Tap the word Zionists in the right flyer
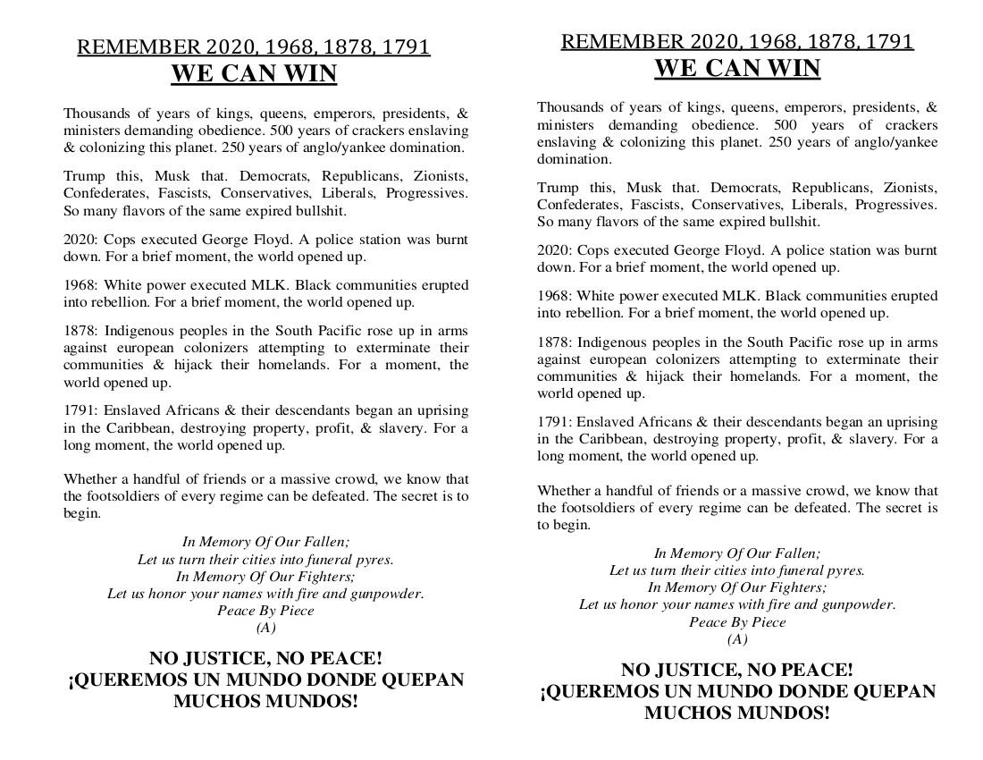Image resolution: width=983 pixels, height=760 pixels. click(x=910, y=187)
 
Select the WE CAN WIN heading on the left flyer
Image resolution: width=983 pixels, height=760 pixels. click(x=254, y=73)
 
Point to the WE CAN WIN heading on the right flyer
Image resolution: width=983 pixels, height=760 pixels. click(x=737, y=68)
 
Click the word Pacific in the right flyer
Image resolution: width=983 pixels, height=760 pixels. click(x=783, y=342)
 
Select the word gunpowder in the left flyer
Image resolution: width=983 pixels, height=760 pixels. click(x=386, y=594)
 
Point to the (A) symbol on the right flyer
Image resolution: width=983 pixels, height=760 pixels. click(x=737, y=639)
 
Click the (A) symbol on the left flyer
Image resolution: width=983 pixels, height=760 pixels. click(x=265, y=628)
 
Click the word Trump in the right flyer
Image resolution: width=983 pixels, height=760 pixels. click(x=558, y=187)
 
